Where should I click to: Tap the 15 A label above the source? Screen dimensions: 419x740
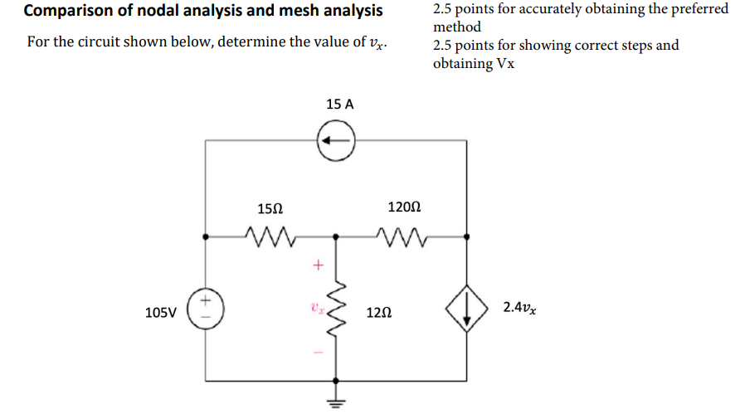(x=339, y=105)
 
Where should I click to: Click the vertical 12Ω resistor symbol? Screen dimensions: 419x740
(x=337, y=313)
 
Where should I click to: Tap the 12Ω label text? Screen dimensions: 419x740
(x=377, y=314)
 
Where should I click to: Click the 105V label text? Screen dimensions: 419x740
(x=160, y=313)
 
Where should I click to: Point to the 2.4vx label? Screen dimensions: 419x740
(x=519, y=308)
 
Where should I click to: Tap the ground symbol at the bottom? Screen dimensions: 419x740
(x=337, y=403)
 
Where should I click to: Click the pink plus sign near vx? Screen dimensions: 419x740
(x=315, y=266)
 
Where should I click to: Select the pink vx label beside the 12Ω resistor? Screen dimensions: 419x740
(x=315, y=307)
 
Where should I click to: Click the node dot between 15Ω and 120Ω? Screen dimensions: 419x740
(x=337, y=236)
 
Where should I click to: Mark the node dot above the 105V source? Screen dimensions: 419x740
(x=206, y=236)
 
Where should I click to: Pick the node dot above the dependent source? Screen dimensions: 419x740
(x=467, y=236)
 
